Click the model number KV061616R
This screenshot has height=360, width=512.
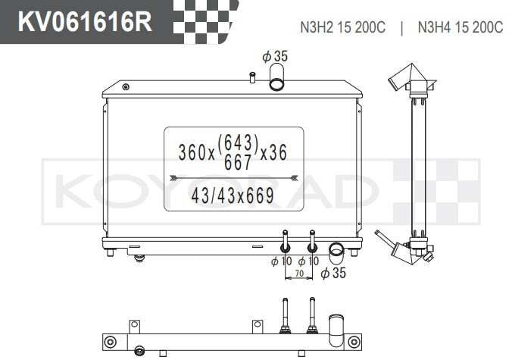85,21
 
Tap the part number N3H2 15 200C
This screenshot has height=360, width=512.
342,27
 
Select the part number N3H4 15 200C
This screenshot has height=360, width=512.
460,27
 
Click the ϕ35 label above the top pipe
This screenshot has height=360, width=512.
275,56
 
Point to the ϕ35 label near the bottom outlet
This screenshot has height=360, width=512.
333,273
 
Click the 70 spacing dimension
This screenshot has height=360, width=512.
299,274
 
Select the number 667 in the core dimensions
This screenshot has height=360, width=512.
238,162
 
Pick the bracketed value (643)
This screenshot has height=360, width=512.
238,142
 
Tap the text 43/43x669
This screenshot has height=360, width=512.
233,196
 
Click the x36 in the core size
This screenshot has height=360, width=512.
273,152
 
